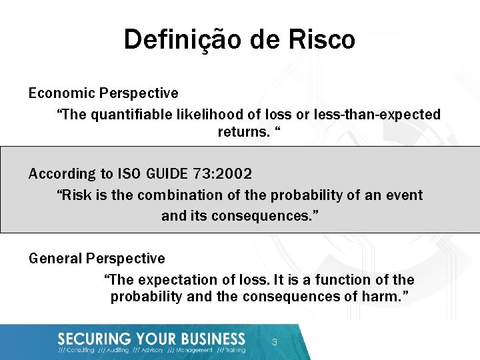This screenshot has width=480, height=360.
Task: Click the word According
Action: (x=63, y=174)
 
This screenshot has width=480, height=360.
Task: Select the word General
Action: (x=55, y=258)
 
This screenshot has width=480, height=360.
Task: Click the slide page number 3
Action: (x=274, y=343)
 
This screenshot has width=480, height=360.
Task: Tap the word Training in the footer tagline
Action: (x=235, y=350)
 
